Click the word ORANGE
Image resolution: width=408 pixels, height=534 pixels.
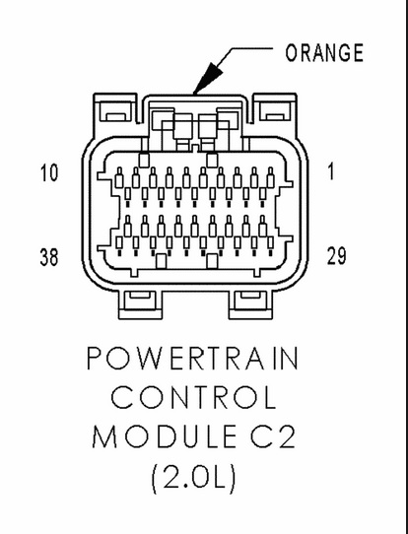pyautogui.click(x=324, y=53)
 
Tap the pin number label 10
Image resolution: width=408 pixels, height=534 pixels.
pyautogui.click(x=49, y=172)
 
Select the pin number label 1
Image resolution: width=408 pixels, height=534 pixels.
pyautogui.click(x=331, y=171)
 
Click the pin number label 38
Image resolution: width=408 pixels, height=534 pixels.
pyautogui.click(x=49, y=257)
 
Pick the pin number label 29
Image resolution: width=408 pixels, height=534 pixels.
pyautogui.click(x=336, y=256)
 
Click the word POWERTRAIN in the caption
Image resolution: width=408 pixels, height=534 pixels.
pyautogui.click(x=192, y=359)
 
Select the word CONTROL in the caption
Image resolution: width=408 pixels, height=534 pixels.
pyautogui.click(x=193, y=397)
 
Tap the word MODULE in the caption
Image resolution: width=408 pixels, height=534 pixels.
pyautogui.click(x=165, y=436)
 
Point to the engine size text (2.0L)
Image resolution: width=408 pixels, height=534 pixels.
pyautogui.click(x=193, y=478)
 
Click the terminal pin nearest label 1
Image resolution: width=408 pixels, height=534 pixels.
pyautogui.click(x=271, y=177)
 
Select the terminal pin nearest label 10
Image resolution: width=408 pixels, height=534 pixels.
pyautogui.click(x=119, y=177)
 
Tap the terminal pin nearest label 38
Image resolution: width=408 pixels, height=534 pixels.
pyautogui.click(x=119, y=245)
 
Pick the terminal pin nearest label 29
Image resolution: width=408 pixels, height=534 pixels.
pyautogui.click(x=271, y=245)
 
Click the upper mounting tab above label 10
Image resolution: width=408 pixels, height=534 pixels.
pyautogui.click(x=115, y=108)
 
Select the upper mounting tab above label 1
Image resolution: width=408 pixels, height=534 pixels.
pyautogui.click(x=275, y=108)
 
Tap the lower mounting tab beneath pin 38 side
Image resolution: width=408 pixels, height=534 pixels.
pyautogui.click(x=140, y=304)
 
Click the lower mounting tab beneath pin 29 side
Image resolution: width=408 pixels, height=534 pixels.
pyautogui.click(x=250, y=304)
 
